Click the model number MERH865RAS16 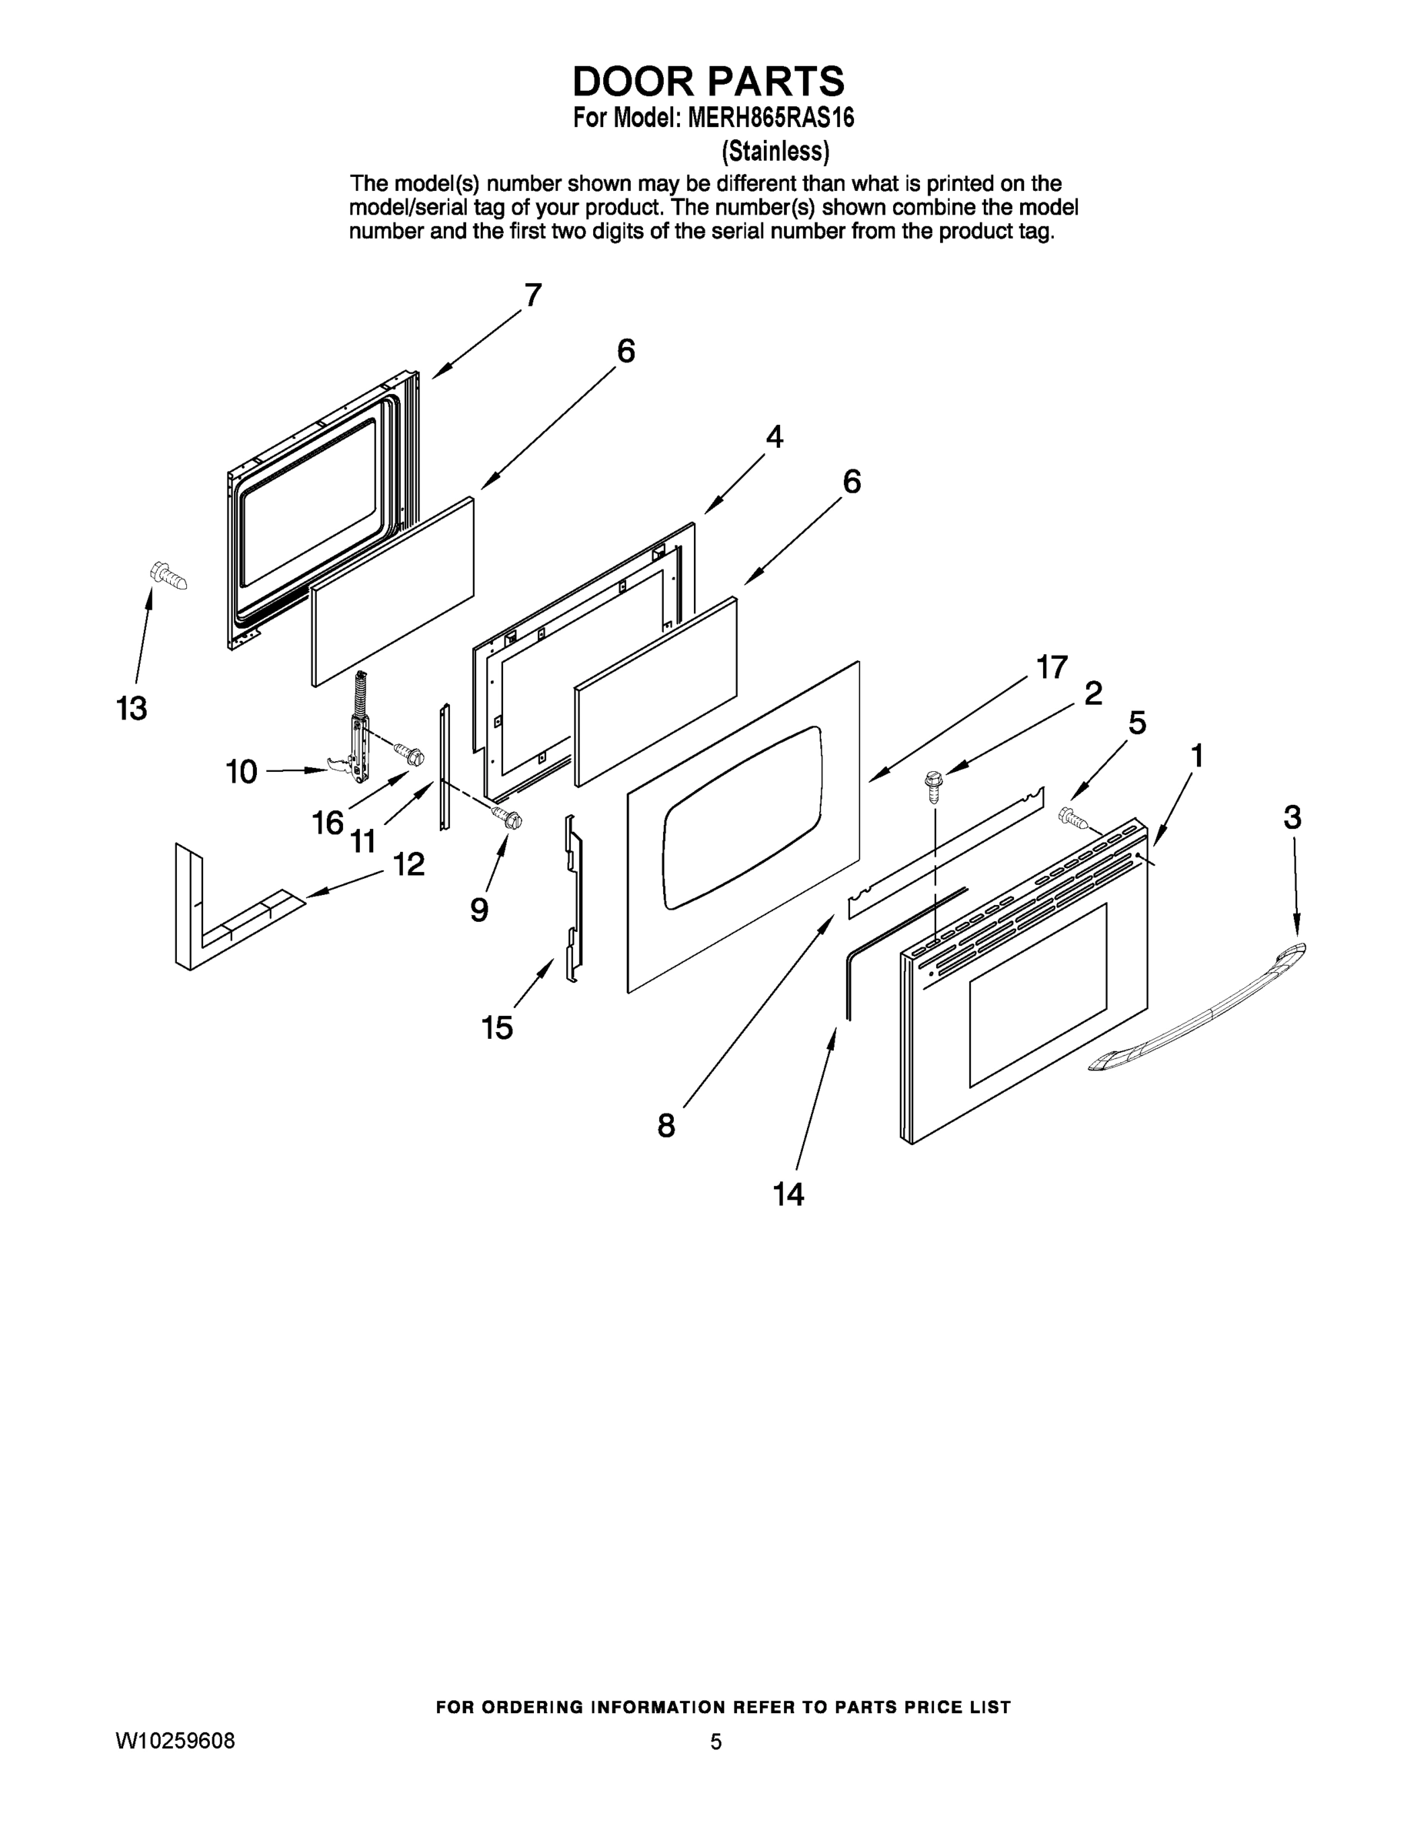[x=770, y=118]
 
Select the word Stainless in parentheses [x=775, y=152]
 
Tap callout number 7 [x=532, y=296]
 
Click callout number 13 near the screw [x=132, y=708]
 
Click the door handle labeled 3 [x=1199, y=1007]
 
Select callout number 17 [x=1052, y=667]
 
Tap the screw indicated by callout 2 [x=934, y=784]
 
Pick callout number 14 [x=788, y=1194]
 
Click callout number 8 [x=666, y=1126]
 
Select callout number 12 [x=409, y=864]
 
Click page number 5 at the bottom [x=715, y=1742]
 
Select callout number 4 [x=775, y=437]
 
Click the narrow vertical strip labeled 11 [x=445, y=766]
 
